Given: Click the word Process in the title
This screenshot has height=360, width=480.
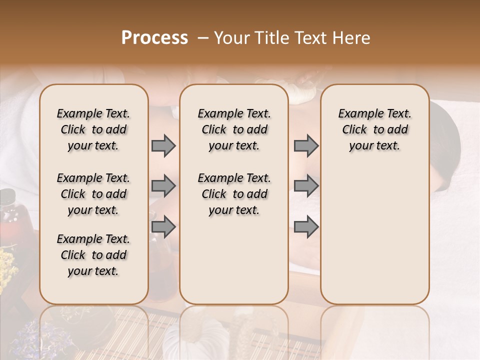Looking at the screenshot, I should click(x=154, y=38).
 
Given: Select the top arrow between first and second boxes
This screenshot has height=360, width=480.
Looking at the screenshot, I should click(x=163, y=146).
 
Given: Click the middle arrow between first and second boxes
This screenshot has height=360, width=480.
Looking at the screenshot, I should click(x=163, y=186).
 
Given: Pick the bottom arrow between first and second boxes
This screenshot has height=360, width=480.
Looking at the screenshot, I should click(x=163, y=227).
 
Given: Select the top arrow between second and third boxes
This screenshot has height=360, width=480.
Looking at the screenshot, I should click(x=306, y=146).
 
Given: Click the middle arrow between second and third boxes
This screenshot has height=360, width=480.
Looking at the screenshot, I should click(x=306, y=186).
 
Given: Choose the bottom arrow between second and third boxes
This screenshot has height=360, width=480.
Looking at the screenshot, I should click(x=306, y=227).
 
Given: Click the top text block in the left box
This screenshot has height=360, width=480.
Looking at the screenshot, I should click(x=93, y=129).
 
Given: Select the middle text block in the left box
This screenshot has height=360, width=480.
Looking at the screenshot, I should click(x=93, y=194).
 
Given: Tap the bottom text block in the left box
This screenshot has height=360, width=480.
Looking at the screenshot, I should click(x=93, y=255).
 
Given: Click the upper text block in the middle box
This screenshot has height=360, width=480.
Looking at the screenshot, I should click(x=234, y=129).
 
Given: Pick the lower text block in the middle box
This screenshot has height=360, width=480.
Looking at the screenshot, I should click(x=234, y=194).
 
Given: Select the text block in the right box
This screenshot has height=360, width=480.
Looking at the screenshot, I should click(x=374, y=129).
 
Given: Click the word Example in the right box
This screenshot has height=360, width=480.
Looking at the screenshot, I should click(x=356, y=113).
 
